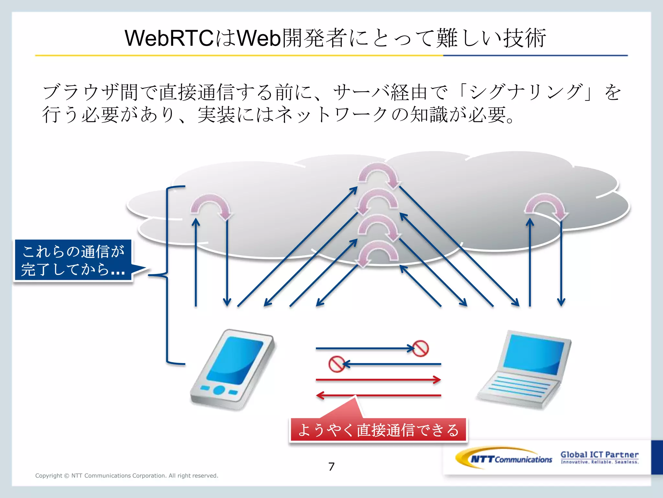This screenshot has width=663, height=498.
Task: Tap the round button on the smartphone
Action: pos(219,390)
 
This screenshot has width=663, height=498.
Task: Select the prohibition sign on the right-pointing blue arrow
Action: pos(420,349)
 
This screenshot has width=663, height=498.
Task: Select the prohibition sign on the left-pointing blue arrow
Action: pos(336,364)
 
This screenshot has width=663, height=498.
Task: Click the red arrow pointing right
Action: pos(378,380)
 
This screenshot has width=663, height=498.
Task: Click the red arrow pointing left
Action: pos(378,396)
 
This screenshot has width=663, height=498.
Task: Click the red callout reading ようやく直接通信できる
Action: pos(378,430)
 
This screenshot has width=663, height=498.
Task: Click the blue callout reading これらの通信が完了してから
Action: pos(73,260)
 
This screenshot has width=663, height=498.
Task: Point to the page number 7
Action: pos(331,467)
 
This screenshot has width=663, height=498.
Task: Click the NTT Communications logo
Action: pos(505,458)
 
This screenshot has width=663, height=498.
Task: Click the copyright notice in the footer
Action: pos(127,476)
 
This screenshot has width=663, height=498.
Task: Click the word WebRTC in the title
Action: pos(169,38)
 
